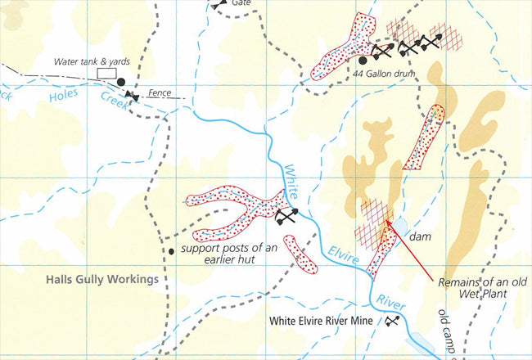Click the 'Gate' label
(241, 3)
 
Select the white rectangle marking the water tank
(106, 74)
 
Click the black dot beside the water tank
(121, 82)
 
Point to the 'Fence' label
(160, 92)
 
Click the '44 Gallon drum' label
(385, 74)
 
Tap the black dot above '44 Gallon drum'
(363, 60)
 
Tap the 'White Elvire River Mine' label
(323, 321)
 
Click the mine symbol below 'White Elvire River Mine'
(391, 322)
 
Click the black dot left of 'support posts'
(171, 250)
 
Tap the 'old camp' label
(445, 327)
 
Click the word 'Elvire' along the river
(345, 249)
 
